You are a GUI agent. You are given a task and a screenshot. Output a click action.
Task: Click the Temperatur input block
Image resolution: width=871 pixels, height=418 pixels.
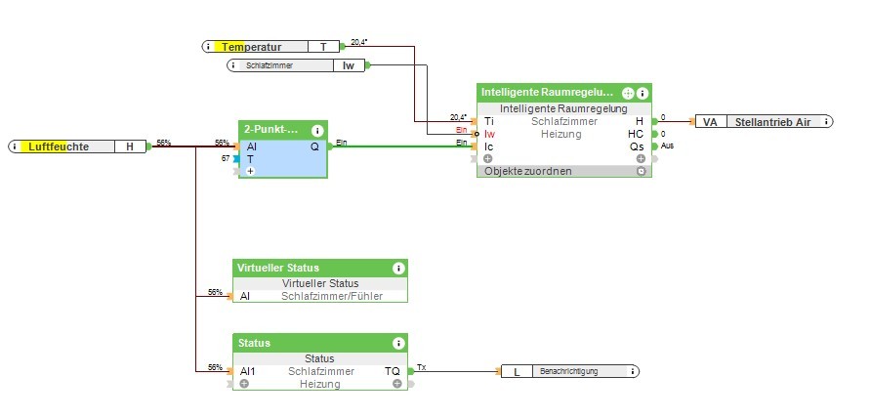point(270,46)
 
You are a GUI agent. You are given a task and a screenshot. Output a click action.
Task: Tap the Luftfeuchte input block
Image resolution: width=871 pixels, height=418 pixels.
point(78,146)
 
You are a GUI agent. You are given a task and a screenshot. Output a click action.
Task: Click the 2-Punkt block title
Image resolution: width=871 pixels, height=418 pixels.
point(270,129)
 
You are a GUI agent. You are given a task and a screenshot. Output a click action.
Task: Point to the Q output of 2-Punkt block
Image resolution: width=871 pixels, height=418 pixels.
point(314,146)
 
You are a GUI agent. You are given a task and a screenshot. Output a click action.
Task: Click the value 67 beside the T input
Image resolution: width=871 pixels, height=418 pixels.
point(226,158)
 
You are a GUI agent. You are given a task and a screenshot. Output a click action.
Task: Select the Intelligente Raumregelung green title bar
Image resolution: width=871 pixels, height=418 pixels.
point(547,92)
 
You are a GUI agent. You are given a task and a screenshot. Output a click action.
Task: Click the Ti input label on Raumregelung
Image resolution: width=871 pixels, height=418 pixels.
point(488,121)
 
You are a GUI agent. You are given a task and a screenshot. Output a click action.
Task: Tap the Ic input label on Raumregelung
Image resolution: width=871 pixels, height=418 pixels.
point(488,146)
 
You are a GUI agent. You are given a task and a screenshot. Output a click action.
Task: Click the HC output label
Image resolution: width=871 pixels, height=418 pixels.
point(636,134)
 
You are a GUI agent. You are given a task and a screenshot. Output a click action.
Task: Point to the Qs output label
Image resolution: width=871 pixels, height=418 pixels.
point(637,146)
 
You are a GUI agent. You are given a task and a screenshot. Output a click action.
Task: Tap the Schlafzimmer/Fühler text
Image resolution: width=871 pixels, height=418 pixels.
point(332,296)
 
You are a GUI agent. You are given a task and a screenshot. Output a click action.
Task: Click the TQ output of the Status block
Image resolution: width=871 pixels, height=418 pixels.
point(392,371)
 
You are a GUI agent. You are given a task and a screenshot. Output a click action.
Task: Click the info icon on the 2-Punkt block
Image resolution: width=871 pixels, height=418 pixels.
point(317,130)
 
